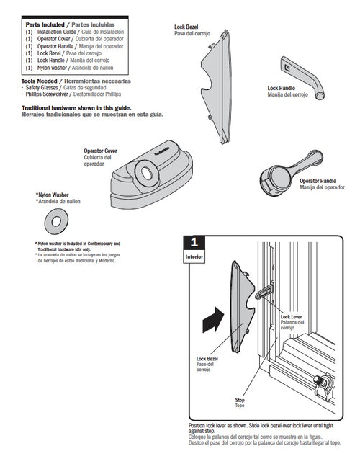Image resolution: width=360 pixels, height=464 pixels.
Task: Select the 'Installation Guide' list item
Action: click(x=56, y=32)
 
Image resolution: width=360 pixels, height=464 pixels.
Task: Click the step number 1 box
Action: click(x=193, y=241)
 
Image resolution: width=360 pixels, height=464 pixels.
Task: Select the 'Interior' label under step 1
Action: click(x=193, y=256)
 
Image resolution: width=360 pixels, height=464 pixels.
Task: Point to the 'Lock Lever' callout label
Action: click(x=291, y=316)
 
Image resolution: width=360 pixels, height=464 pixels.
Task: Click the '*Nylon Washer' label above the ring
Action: click(x=52, y=195)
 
